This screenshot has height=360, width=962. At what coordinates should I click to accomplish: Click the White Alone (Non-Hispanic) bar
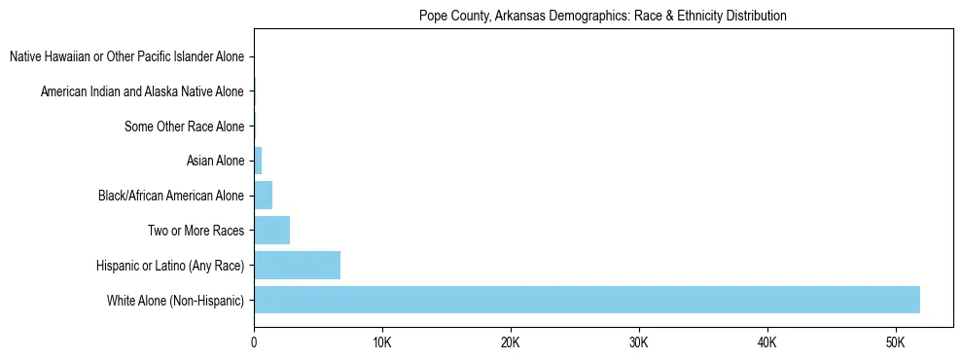[587, 300]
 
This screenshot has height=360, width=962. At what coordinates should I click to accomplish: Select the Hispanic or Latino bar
[297, 265]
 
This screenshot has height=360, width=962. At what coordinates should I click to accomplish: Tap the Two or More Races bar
[271, 231]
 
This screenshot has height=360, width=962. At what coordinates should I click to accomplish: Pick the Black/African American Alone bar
[263, 196]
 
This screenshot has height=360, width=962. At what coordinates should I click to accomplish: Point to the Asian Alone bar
[258, 161]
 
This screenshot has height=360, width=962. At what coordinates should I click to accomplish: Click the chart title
[602, 17]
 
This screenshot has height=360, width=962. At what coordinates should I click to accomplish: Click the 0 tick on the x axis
[254, 342]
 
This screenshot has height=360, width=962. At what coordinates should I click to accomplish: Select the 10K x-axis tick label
[382, 342]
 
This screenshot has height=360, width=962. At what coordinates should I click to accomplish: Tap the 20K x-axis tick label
[511, 342]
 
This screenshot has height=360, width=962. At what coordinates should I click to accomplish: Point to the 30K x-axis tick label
[639, 342]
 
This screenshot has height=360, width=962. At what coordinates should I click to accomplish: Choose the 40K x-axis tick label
[767, 342]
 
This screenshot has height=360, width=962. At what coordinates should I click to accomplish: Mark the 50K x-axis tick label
[896, 342]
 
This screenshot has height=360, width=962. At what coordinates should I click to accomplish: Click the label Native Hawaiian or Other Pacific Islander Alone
[126, 57]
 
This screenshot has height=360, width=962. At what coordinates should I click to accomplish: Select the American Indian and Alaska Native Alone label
[142, 91]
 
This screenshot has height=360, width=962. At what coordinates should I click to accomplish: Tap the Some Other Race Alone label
[185, 126]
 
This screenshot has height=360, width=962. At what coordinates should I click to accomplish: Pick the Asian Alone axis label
[215, 161]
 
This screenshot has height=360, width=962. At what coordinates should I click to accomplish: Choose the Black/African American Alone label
[171, 196]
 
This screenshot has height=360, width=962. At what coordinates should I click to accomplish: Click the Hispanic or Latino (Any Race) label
[170, 265]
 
